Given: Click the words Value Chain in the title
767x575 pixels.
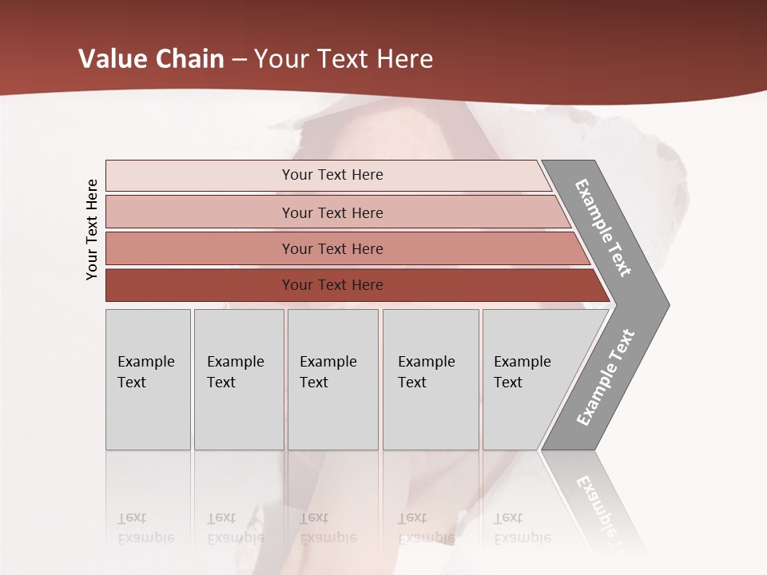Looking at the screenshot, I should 151,59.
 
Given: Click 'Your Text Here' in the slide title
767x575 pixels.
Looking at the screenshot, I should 344,59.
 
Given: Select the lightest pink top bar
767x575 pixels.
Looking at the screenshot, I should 200,176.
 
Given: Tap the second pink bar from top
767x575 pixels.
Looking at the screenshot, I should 200,212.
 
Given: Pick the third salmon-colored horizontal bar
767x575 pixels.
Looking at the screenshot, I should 200,248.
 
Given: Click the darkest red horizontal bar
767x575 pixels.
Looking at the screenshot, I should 200,285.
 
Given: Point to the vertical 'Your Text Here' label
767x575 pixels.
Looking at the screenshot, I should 92,229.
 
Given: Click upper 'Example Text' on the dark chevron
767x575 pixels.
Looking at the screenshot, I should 603,228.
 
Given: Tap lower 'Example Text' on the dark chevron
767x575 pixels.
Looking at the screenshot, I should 606,378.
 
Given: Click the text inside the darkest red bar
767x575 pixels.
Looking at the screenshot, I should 332,285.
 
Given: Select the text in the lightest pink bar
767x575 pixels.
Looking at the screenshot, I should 332,175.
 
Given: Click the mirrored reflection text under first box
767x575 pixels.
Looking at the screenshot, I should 145,528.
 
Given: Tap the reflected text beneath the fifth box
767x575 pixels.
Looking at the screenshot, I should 522,528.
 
